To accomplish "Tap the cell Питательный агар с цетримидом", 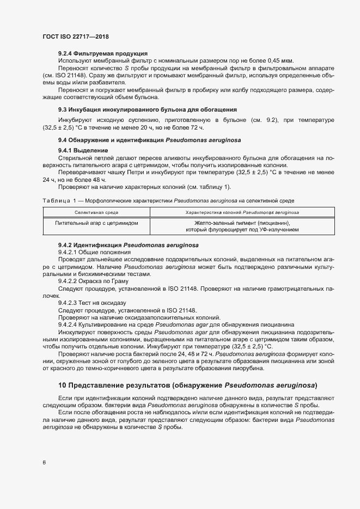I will (96, 223).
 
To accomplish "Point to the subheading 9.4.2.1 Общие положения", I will (94, 253).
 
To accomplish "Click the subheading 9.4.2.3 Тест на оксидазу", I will (92, 302).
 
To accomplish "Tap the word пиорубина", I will (246, 368).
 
